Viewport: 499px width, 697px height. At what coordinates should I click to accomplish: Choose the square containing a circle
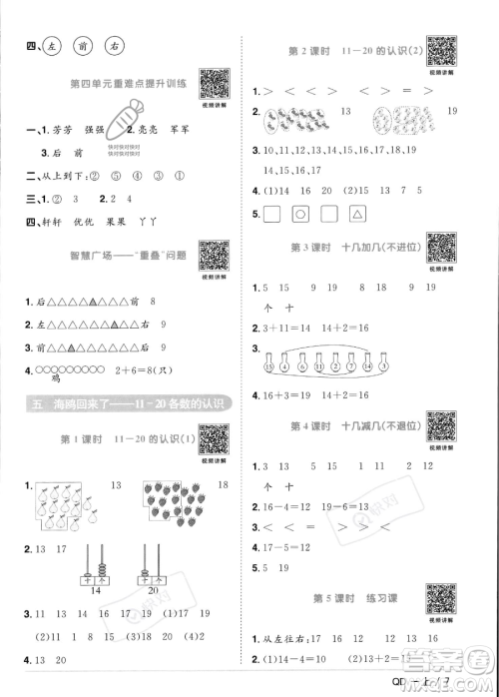297,214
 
